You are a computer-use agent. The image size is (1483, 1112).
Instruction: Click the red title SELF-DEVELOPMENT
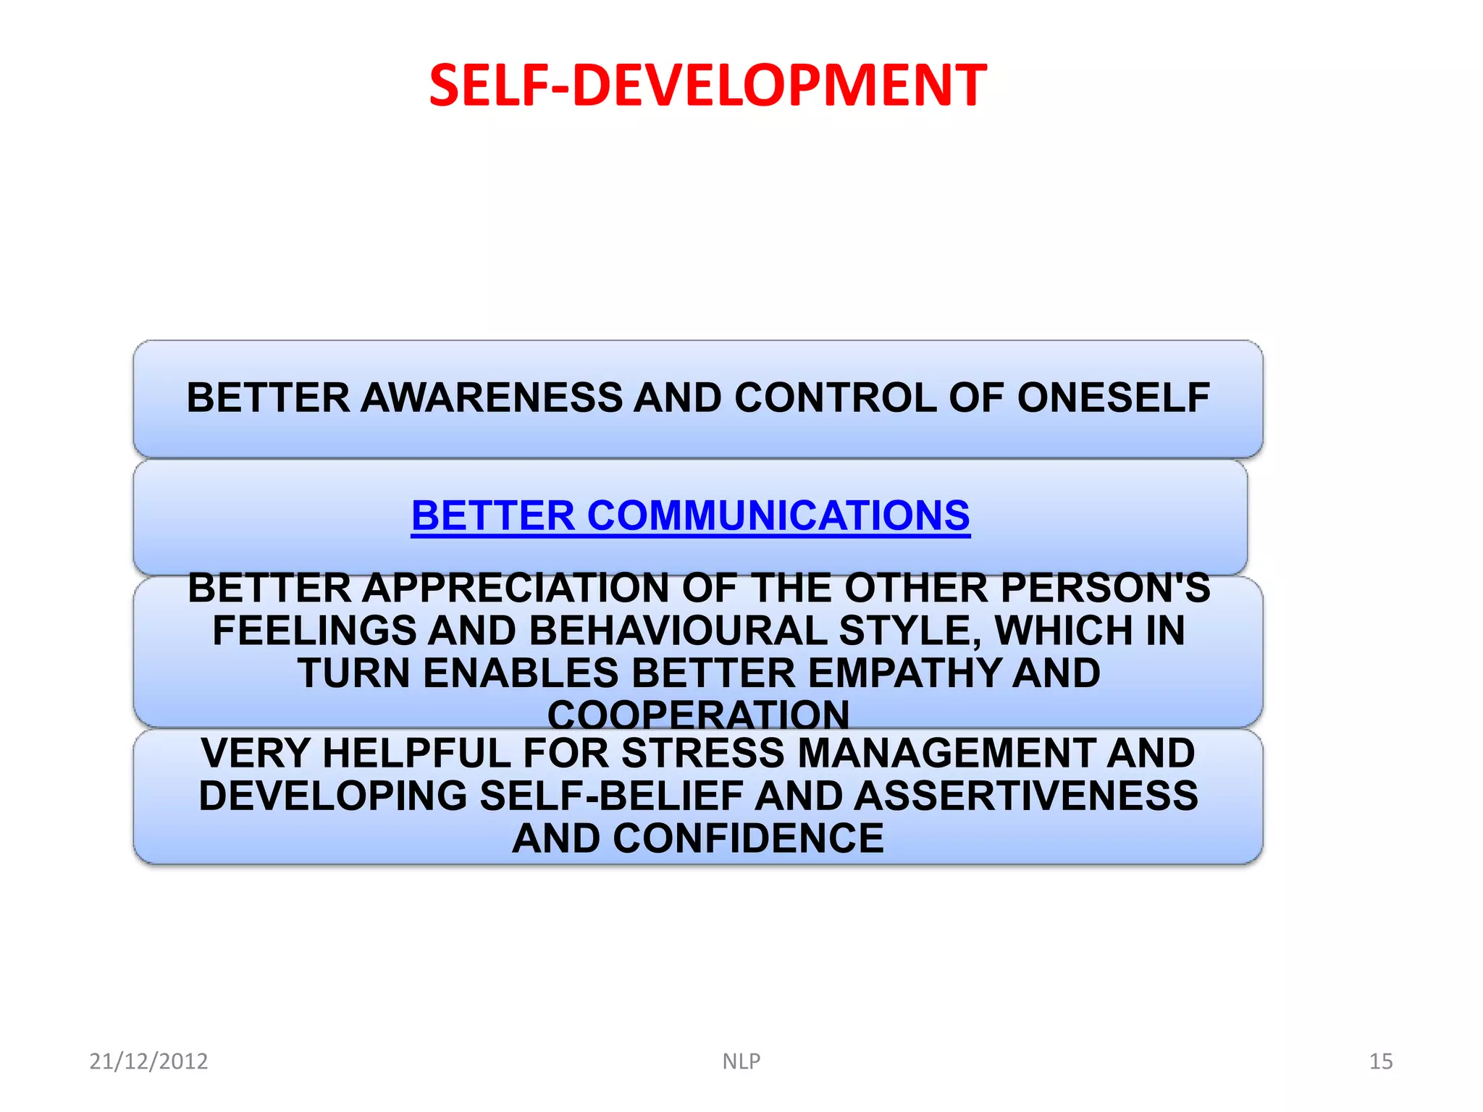[x=707, y=85]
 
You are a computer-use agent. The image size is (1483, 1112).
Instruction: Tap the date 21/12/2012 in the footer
[x=148, y=1061]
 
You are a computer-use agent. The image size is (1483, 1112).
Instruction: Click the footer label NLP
[x=741, y=1061]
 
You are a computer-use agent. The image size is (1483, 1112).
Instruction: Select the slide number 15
[x=1381, y=1061]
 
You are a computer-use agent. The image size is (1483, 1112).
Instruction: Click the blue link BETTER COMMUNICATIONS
[x=690, y=516]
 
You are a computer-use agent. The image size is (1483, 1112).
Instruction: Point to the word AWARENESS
[x=492, y=398]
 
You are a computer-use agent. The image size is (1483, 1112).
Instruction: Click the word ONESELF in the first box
[x=1113, y=398]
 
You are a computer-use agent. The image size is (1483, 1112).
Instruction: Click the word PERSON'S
[x=1105, y=588]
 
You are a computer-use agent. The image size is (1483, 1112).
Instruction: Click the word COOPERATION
[x=698, y=715]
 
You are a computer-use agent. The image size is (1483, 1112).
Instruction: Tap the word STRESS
[x=703, y=753]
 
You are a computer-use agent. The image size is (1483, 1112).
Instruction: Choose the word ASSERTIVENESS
[x=1025, y=796]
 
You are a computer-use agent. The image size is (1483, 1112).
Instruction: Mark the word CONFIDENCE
[x=748, y=838]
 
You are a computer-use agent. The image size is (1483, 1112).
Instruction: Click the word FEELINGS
[x=314, y=631]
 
